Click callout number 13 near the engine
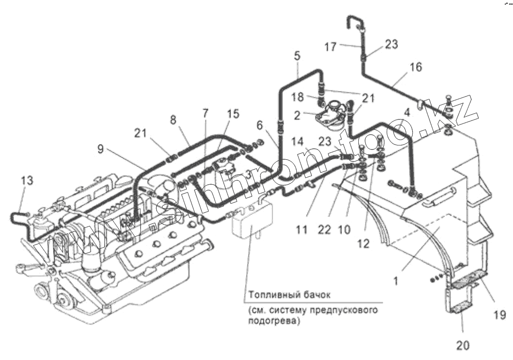click(x=27, y=181)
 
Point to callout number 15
click(x=233, y=114)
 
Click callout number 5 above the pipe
click(x=297, y=55)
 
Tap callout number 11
click(x=303, y=229)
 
